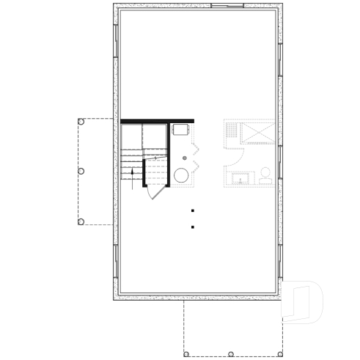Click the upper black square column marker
[192, 210]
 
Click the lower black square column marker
[192, 227]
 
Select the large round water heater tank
[180, 175]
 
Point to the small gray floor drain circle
[185, 158]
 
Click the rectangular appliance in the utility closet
[180, 130]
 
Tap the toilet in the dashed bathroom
[265, 175]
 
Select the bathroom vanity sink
[240, 178]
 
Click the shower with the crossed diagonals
[257, 133]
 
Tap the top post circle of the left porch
[81, 122]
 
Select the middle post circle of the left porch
[81, 171]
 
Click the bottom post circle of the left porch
[81, 221]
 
